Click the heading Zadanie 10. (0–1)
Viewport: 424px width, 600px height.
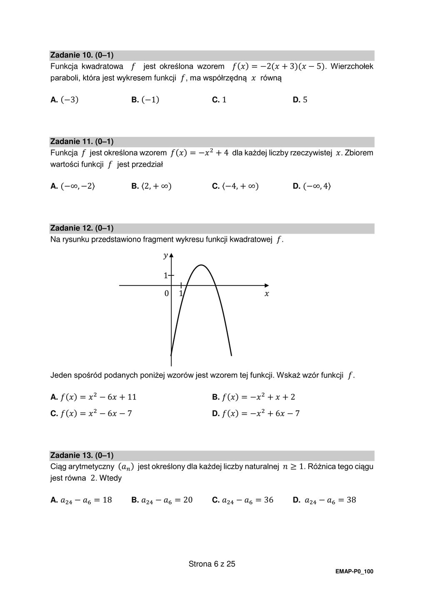click(82, 55)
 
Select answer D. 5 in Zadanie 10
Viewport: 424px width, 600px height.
click(300, 100)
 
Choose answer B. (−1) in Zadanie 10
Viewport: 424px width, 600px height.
click(145, 100)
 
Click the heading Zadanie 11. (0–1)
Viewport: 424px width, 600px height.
click(82, 142)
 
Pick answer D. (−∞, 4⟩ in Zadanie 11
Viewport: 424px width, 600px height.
click(312, 186)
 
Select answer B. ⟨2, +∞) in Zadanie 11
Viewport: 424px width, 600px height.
click(151, 186)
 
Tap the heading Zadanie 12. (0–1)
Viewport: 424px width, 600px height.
click(82, 228)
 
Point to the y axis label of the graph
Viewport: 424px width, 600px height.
click(165, 255)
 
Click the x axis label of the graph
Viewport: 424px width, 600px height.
click(267, 294)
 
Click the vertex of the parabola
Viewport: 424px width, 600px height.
click(201, 265)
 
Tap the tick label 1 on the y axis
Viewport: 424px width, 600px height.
click(165, 275)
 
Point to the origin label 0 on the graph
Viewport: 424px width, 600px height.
click(167, 293)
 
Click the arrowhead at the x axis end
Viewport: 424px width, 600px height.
click(267, 285)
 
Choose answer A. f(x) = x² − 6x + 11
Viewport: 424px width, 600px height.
click(93, 397)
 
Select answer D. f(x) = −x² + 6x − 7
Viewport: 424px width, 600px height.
click(256, 414)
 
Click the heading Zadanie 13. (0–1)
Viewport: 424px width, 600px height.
click(82, 455)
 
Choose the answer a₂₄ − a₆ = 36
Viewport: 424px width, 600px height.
click(243, 500)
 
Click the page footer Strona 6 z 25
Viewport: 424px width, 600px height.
click(212, 564)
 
